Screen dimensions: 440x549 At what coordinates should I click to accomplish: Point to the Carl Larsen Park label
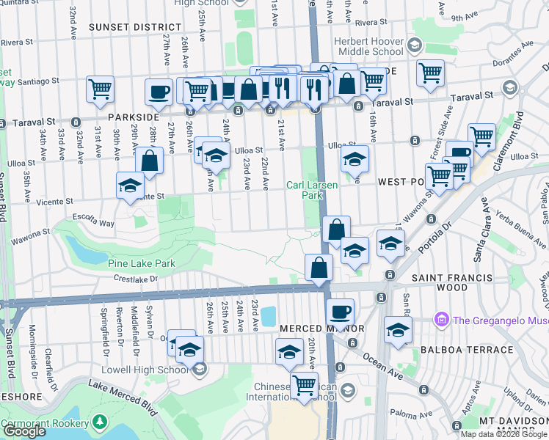coord(312,191)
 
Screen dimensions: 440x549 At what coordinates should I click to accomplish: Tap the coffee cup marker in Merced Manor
coord(340,312)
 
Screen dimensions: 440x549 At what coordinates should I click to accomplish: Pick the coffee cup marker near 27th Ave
coord(159,92)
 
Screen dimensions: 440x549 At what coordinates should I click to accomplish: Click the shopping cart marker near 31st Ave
coord(100,89)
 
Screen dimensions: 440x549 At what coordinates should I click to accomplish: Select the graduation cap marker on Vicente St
coord(130,184)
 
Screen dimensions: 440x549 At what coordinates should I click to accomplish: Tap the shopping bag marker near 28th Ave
coord(149,161)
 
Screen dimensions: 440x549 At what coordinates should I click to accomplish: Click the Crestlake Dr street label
coord(136,279)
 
